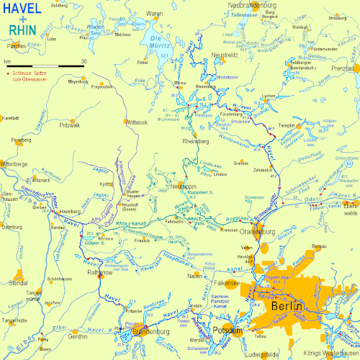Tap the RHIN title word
24,30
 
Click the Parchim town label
17,46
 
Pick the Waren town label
155,14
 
